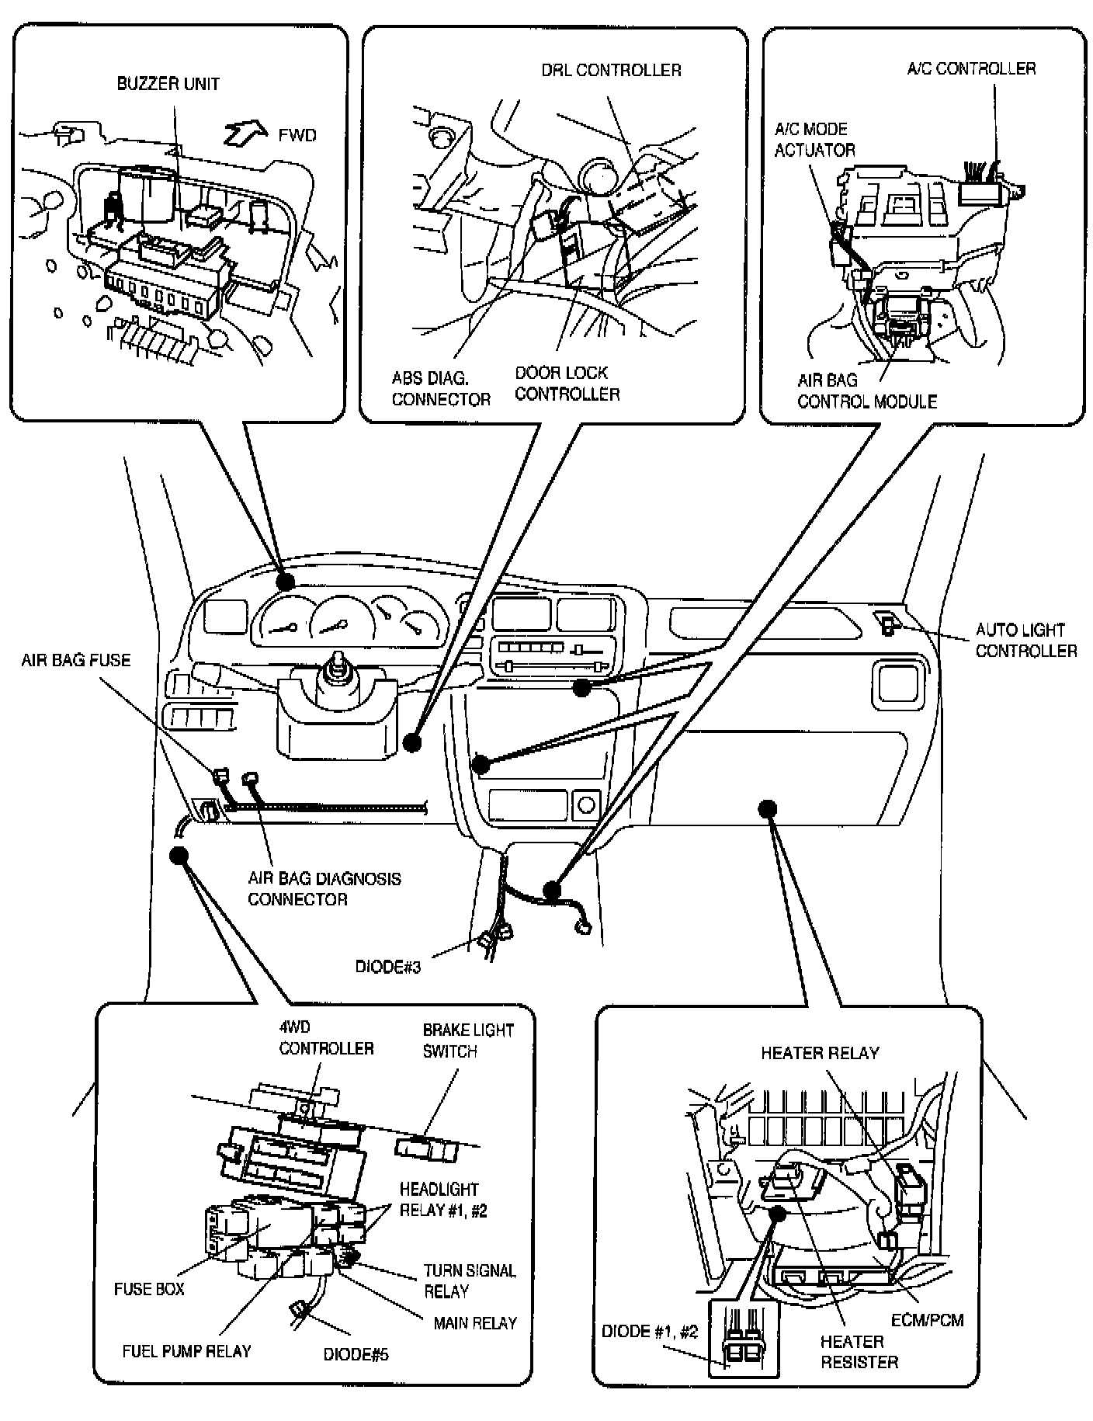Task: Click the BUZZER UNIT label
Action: coord(168,84)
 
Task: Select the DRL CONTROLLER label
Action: coord(611,71)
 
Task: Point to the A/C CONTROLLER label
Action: coord(971,69)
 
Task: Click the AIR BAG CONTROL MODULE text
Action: coord(866,391)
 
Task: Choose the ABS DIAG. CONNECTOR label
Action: coord(440,388)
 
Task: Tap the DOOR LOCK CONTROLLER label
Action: coord(567,384)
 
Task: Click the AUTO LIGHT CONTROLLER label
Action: coord(1025,641)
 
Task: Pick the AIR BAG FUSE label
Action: coord(76,661)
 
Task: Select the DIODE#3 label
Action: coord(388,967)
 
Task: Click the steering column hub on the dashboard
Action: coord(339,668)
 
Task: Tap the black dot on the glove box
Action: coord(768,808)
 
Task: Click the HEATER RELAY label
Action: coord(819,1053)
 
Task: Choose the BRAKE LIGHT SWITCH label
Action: coord(467,1041)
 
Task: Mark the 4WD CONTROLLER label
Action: coord(326,1038)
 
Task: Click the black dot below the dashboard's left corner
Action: coord(179,855)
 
